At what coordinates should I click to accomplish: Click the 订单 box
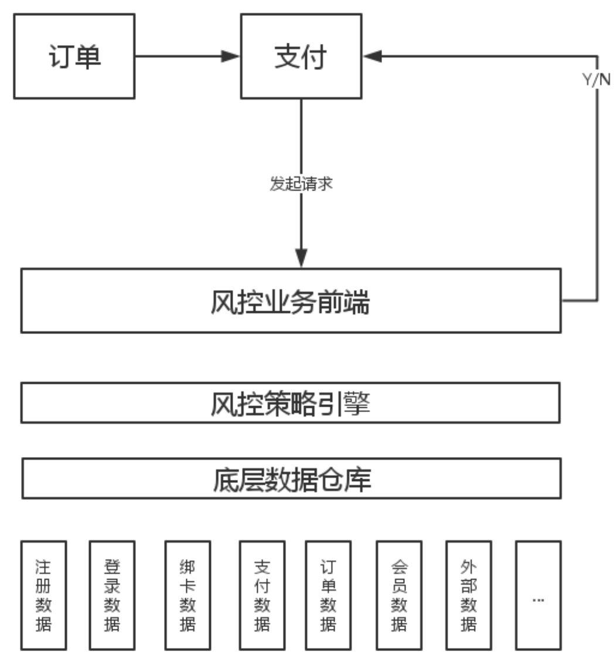point(74,56)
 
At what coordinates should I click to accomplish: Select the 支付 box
point(301,56)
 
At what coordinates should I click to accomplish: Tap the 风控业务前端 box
point(291,301)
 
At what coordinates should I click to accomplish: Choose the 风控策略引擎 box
point(291,403)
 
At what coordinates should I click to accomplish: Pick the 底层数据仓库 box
point(291,479)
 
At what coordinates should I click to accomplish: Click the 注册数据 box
point(44,595)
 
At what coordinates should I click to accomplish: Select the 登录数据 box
point(112,595)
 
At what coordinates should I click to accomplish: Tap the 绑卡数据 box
point(187,595)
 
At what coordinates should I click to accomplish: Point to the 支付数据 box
point(262,595)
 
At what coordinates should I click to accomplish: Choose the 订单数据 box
point(328,595)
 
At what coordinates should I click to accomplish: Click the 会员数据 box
point(399,595)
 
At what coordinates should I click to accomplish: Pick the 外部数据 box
point(468,595)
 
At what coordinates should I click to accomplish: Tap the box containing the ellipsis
point(538,595)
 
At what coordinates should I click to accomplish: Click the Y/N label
point(596,81)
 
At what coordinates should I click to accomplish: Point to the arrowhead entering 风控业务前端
point(301,258)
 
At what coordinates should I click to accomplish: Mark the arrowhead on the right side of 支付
point(372,56)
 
